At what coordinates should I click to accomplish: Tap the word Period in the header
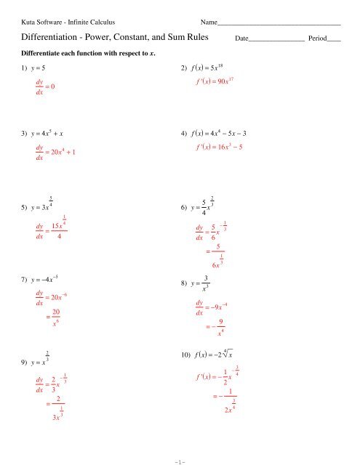[x=318, y=36]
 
